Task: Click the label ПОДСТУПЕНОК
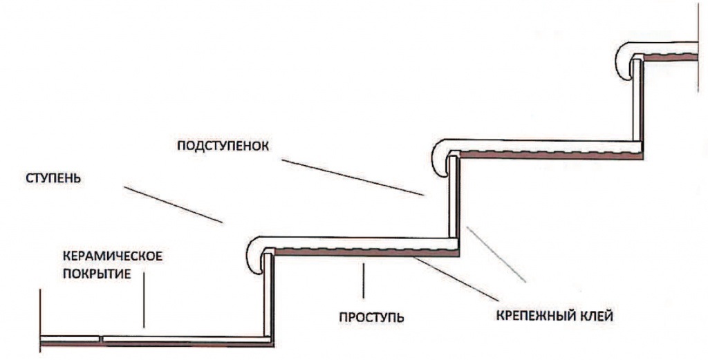click(x=222, y=146)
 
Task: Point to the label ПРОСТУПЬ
click(x=371, y=319)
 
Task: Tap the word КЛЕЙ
click(x=594, y=317)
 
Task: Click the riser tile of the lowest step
click(x=268, y=297)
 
